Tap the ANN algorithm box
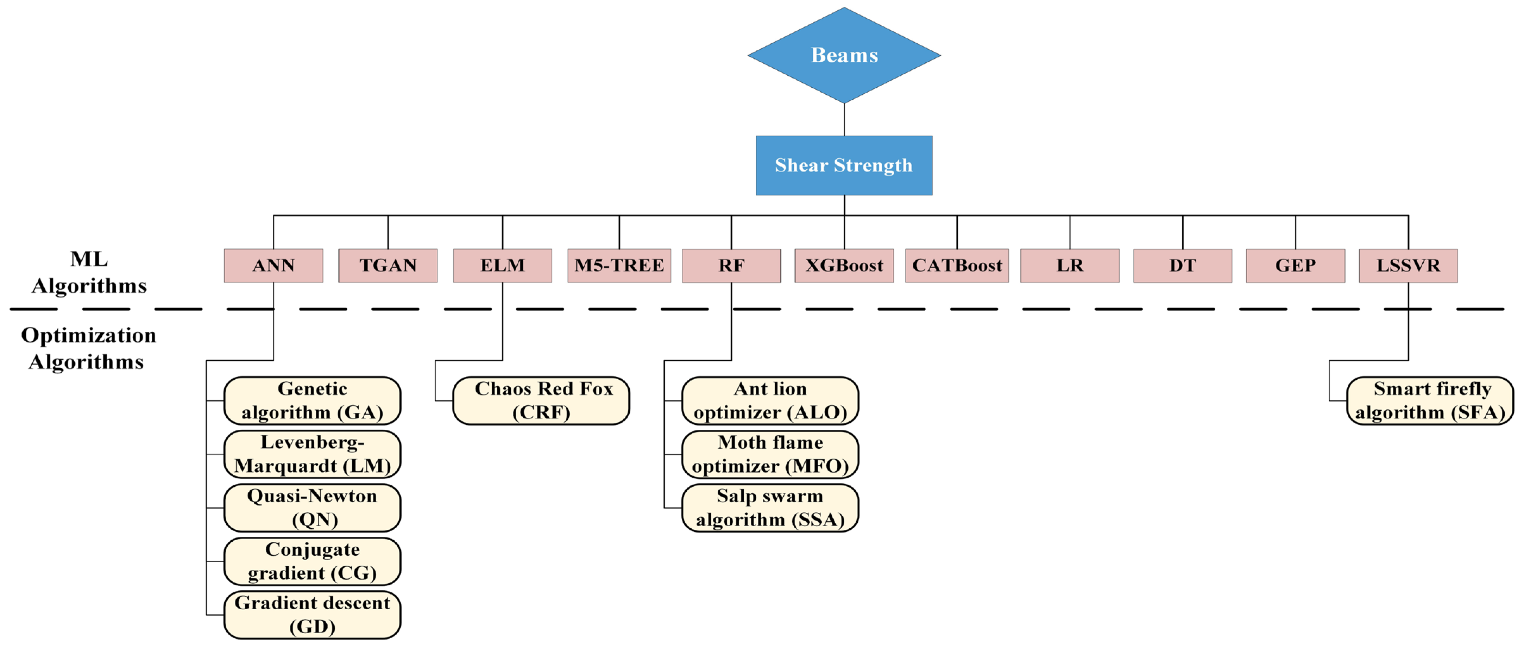click(273, 265)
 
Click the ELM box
click(502, 265)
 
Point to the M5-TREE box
click(619, 265)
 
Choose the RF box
click(731, 265)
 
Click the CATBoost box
click(957, 265)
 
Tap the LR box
click(1070, 265)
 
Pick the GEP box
click(1295, 265)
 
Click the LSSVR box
click(1408, 265)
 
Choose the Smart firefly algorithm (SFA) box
click(1430, 401)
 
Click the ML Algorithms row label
click(89, 272)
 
